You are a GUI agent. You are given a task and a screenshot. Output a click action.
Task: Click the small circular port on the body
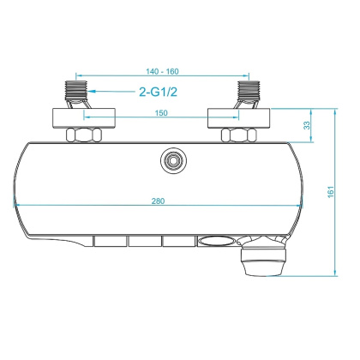click(174, 159)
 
